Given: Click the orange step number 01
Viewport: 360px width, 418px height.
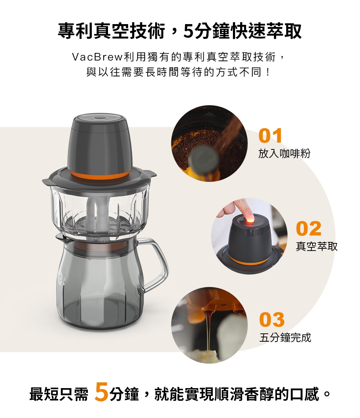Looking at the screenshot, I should click(270, 136).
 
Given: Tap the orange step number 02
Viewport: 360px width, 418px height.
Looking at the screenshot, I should click(309, 229).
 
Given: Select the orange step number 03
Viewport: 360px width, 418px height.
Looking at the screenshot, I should click(272, 320).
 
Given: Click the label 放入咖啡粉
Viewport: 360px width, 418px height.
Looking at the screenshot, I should click(284, 154).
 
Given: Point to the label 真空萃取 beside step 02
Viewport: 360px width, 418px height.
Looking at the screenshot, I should click(317, 246).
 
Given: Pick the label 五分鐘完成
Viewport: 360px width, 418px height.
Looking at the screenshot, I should click(285, 338).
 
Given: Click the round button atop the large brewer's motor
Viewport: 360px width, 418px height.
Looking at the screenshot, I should click(98, 118).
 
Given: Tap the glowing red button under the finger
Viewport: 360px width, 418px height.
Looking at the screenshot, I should click(249, 218).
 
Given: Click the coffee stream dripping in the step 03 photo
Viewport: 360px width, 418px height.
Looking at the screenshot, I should click(208, 328).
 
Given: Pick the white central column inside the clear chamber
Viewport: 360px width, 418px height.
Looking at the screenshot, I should click(94, 216).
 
